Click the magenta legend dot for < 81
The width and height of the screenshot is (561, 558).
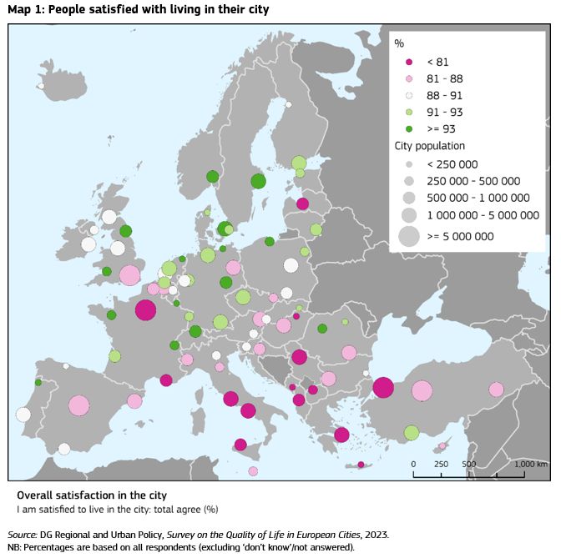coord(409,62)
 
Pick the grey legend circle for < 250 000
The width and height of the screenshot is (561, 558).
coord(409,164)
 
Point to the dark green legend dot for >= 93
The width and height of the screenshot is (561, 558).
coord(409,128)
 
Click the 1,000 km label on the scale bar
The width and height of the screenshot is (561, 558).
coord(531,464)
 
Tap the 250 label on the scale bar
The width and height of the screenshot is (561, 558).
coord(442,464)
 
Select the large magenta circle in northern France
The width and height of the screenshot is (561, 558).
coord(145,309)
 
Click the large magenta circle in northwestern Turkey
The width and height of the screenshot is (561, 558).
coord(383,388)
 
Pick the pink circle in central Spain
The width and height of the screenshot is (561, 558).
coord(78,405)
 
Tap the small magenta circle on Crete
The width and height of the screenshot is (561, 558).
coord(361,465)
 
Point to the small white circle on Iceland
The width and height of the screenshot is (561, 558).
coord(40,85)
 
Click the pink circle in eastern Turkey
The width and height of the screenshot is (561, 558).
coord(496,390)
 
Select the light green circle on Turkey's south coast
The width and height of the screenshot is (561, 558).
coord(411,432)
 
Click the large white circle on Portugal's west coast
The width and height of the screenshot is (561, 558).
coord(23,415)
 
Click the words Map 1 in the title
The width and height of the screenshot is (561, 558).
coord(24,9)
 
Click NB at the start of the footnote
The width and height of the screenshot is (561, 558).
coord(14,547)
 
